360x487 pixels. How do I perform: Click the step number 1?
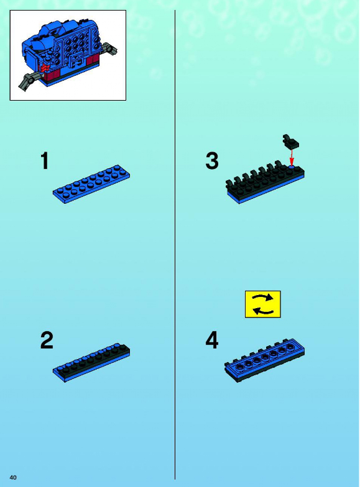coord(45,161)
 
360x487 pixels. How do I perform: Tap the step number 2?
coord(47,340)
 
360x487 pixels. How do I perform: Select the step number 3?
coord(212,161)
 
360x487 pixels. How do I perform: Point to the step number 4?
coord(212,340)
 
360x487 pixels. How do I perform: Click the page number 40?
coord(13,477)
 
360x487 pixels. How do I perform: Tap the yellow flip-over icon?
coord(262,304)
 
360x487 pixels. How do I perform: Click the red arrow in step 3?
coord(292,158)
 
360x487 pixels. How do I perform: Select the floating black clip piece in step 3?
coord(291,142)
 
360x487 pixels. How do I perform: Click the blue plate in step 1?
coord(91,184)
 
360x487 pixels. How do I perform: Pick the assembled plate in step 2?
coord(91,363)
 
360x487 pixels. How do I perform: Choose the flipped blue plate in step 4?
coord(265,360)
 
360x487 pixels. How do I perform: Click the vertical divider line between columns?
coord(175,245)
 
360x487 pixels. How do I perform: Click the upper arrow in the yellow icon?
coord(263,298)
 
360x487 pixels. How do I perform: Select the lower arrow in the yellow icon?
coord(263,311)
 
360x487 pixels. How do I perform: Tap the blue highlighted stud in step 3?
coord(291,167)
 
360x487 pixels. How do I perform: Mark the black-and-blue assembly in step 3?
coord(265,181)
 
